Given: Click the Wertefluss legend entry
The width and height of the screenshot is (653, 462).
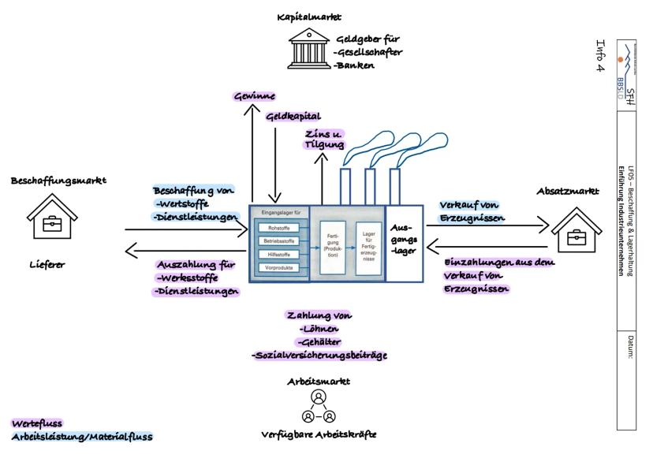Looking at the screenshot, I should [x=36, y=423].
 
